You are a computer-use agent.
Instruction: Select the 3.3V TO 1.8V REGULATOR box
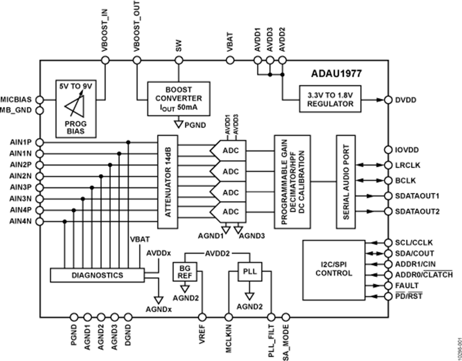[330, 99]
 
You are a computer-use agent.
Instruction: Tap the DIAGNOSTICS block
[97, 275]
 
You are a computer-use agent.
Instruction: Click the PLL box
[249, 271]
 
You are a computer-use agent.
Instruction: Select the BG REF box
[185, 272]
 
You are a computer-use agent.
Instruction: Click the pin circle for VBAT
[232, 61]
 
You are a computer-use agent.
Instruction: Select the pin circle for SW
[178, 61]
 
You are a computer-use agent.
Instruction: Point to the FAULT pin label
[408, 286]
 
